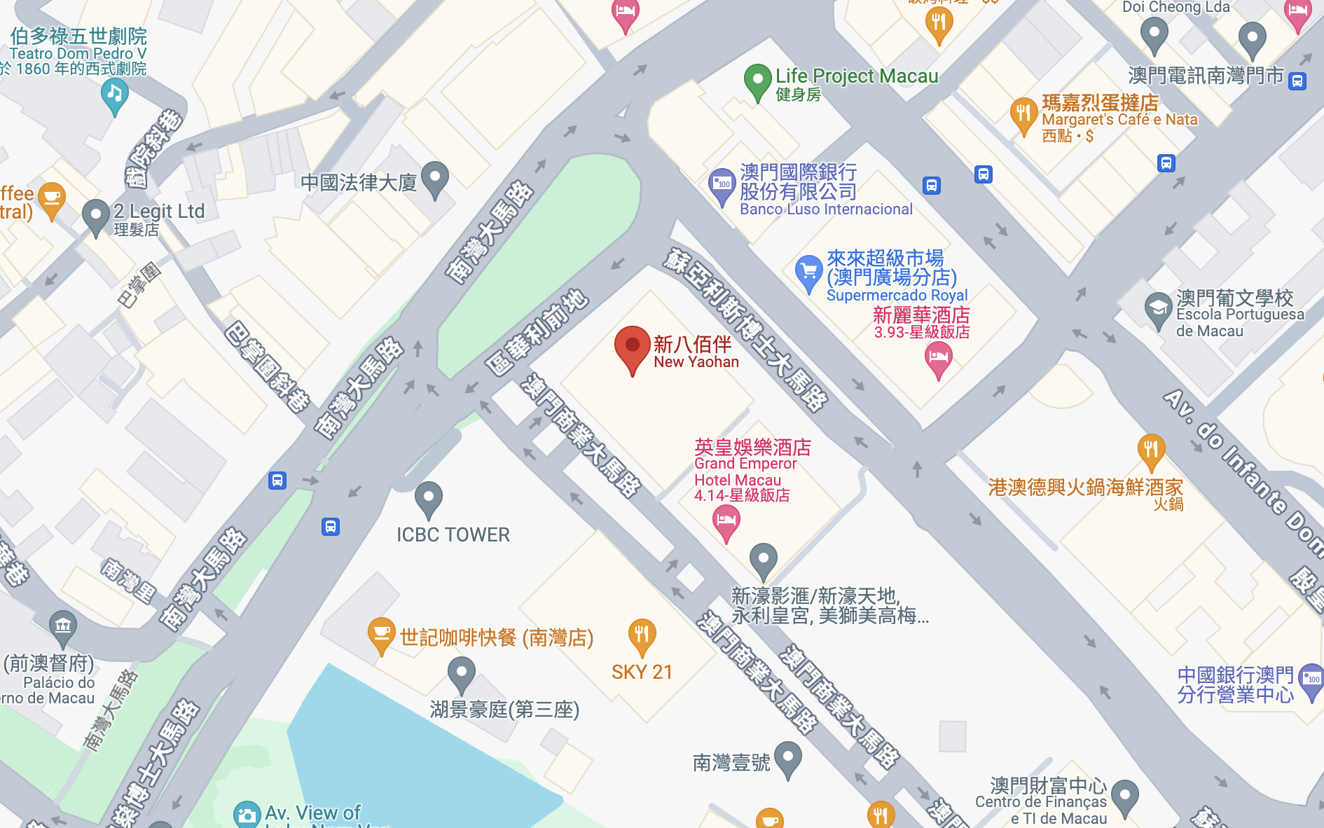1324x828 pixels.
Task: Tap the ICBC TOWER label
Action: click(453, 535)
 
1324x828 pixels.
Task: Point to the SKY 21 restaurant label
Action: click(642, 672)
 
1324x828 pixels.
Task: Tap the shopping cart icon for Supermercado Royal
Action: click(808, 271)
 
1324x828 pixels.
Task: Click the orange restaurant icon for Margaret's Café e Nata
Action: click(1023, 114)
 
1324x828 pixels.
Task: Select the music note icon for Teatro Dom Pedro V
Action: click(114, 94)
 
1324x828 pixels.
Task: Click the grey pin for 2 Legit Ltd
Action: click(96, 215)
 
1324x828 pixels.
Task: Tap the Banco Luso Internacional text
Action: click(826, 209)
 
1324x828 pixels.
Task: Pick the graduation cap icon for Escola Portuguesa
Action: click(1158, 308)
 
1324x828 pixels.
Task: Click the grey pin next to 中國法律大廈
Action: click(435, 178)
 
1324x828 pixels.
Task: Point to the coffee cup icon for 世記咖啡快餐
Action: click(381, 633)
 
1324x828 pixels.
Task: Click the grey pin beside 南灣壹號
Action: click(788, 758)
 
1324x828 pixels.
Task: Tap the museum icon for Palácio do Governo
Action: click(63, 626)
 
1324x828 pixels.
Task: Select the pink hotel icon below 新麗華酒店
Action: click(938, 359)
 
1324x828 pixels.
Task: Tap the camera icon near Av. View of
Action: click(247, 815)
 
